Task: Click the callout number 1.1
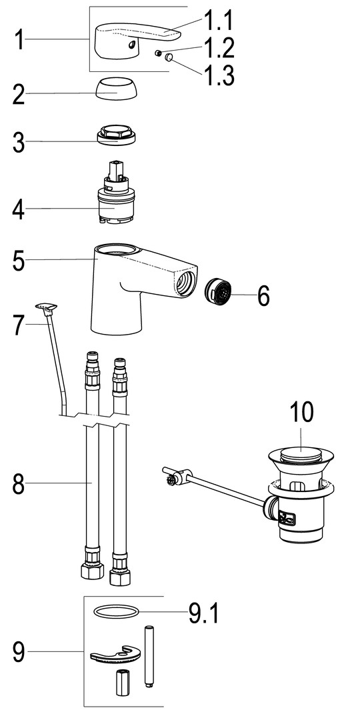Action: pyautogui.click(x=218, y=21)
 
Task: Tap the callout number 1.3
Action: pyautogui.click(x=219, y=75)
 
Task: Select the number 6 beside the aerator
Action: pyautogui.click(x=263, y=296)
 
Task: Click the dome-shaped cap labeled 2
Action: pyautogui.click(x=116, y=89)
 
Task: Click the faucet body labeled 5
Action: pyautogui.click(x=138, y=285)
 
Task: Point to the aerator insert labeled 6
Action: pyautogui.click(x=217, y=292)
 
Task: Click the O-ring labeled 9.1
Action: pyautogui.click(x=116, y=611)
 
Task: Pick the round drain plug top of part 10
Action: pyautogui.click(x=300, y=456)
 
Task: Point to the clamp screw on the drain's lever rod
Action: pyautogui.click(x=171, y=481)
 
